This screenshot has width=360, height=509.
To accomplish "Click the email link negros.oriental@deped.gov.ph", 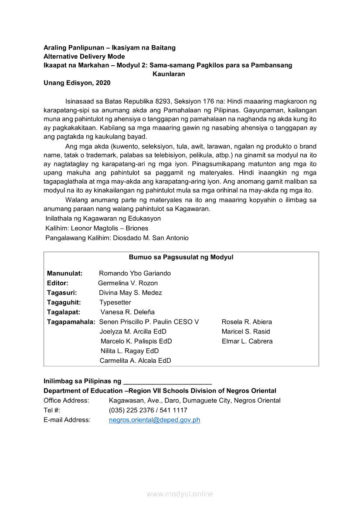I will (x=154, y=420).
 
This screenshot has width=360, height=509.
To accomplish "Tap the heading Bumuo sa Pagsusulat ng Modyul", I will (x=181, y=257).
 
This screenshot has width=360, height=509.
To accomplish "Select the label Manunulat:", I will (x=65, y=273).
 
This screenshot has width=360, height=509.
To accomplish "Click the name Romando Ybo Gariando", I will (x=135, y=273).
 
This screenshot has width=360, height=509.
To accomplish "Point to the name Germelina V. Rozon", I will (x=128, y=283).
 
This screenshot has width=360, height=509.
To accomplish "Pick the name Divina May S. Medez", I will (x=130, y=293).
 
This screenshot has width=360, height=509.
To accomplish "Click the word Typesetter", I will (x=115, y=303).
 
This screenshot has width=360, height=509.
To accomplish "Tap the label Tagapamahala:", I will (x=71, y=322).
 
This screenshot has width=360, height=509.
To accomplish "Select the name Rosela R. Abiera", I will (x=247, y=322).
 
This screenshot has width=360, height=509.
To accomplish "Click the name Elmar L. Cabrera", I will (x=247, y=341).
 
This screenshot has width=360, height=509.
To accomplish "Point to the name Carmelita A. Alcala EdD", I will (x=135, y=361).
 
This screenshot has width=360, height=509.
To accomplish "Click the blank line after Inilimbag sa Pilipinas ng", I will (x=167, y=382).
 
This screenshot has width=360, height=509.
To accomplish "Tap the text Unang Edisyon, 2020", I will (x=77, y=83).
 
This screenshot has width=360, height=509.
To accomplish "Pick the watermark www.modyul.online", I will (x=180, y=494).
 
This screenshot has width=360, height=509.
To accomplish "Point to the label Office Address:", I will (x=66, y=401).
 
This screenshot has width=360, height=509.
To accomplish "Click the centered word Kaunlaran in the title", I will (x=169, y=74).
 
